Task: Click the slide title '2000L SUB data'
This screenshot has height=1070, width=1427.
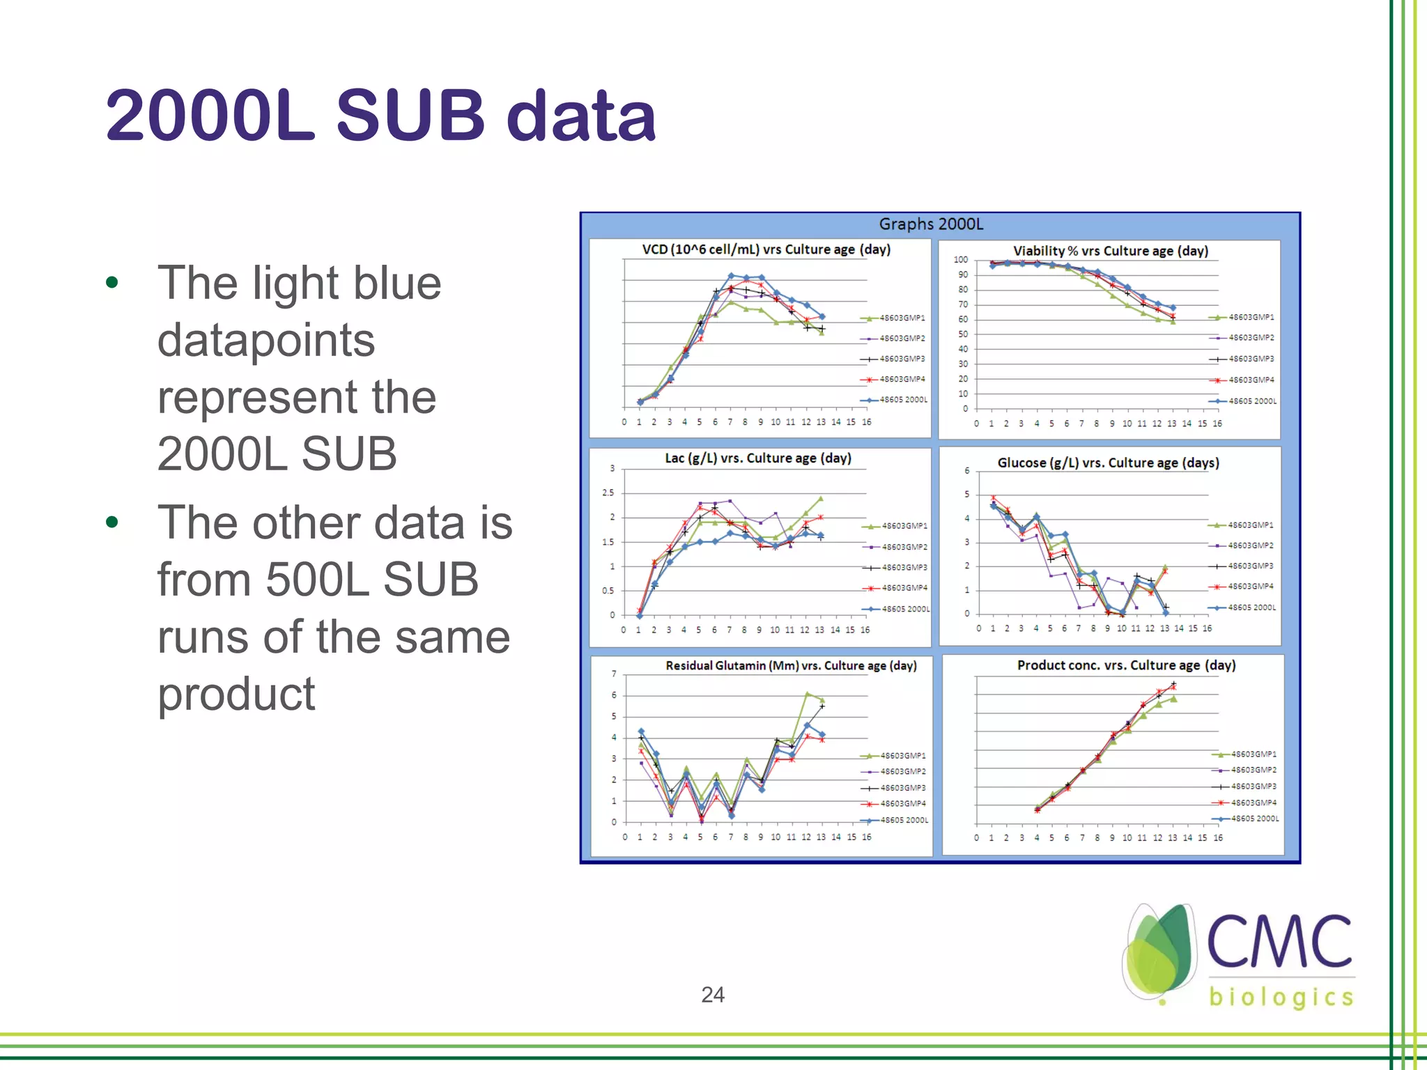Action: point(380,116)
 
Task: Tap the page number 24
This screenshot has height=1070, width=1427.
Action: point(712,994)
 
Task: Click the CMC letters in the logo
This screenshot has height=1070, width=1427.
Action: point(1279,942)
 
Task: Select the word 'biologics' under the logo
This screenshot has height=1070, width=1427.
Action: point(1281,997)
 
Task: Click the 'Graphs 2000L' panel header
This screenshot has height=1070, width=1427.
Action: point(931,224)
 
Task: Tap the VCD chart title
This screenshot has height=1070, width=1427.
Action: point(766,249)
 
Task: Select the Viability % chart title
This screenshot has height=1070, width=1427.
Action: point(1110,251)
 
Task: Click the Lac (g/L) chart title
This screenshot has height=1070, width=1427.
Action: point(757,458)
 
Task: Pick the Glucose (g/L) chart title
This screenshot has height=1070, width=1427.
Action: point(1108,463)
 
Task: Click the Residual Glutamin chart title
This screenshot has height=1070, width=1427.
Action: point(791,666)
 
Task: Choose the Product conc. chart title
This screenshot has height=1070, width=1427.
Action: point(1126,665)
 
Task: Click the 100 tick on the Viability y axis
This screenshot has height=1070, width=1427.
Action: point(960,260)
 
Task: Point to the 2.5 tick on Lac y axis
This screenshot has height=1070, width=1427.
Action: point(608,493)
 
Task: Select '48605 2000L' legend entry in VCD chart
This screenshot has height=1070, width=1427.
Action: point(903,400)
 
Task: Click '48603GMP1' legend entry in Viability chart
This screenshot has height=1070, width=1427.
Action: point(1251,317)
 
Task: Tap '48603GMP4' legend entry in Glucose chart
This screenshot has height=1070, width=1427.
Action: point(1250,587)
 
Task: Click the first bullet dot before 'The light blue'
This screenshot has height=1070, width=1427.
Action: point(111,283)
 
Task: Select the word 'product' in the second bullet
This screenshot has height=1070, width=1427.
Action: point(236,694)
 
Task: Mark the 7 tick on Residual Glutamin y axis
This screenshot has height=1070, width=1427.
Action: point(614,674)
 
